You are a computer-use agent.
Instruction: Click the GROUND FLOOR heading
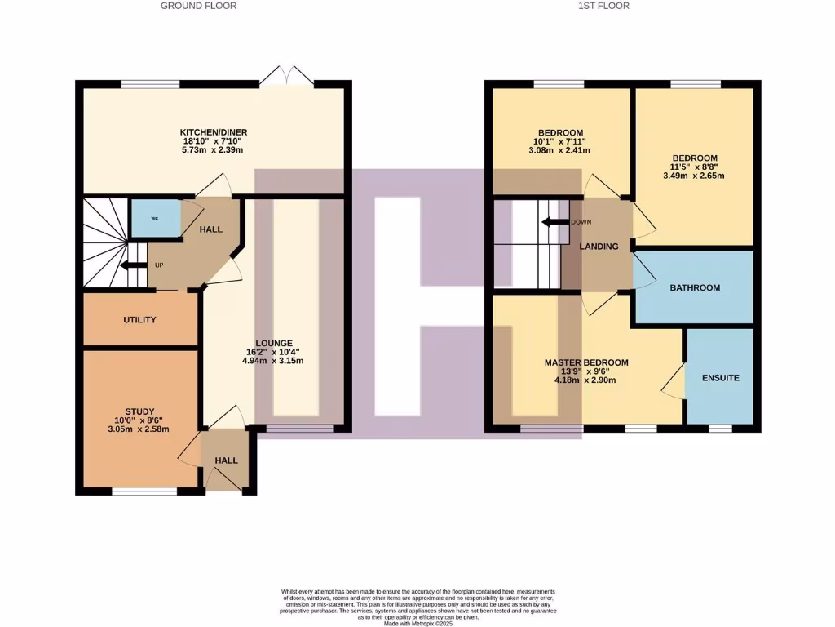pyautogui.click(x=198, y=6)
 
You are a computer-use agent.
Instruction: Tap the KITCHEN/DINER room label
pyautogui.click(x=214, y=132)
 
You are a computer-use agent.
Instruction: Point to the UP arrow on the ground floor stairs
pyautogui.click(x=130, y=266)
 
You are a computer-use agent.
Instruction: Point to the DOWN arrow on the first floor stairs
pyautogui.click(x=557, y=222)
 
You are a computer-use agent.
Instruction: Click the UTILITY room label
pyautogui.click(x=139, y=320)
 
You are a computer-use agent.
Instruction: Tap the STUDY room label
pyautogui.click(x=139, y=411)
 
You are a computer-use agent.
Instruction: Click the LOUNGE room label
pyautogui.click(x=274, y=343)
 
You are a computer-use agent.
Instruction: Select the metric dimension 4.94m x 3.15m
pyautogui.click(x=274, y=361)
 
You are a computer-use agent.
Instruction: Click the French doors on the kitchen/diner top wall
pyautogui.click(x=287, y=77)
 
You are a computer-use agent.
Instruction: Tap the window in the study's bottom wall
pyautogui.click(x=144, y=491)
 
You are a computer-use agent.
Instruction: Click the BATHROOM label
pyautogui.click(x=695, y=287)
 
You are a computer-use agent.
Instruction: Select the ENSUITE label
pyautogui.click(x=720, y=378)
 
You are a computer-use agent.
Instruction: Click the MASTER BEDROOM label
pyautogui.click(x=586, y=362)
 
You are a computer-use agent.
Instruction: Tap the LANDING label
pyautogui.click(x=599, y=247)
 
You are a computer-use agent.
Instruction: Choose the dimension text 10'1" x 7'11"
pyautogui.click(x=560, y=141)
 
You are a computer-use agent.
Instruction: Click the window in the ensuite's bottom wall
pyautogui.click(x=719, y=428)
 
